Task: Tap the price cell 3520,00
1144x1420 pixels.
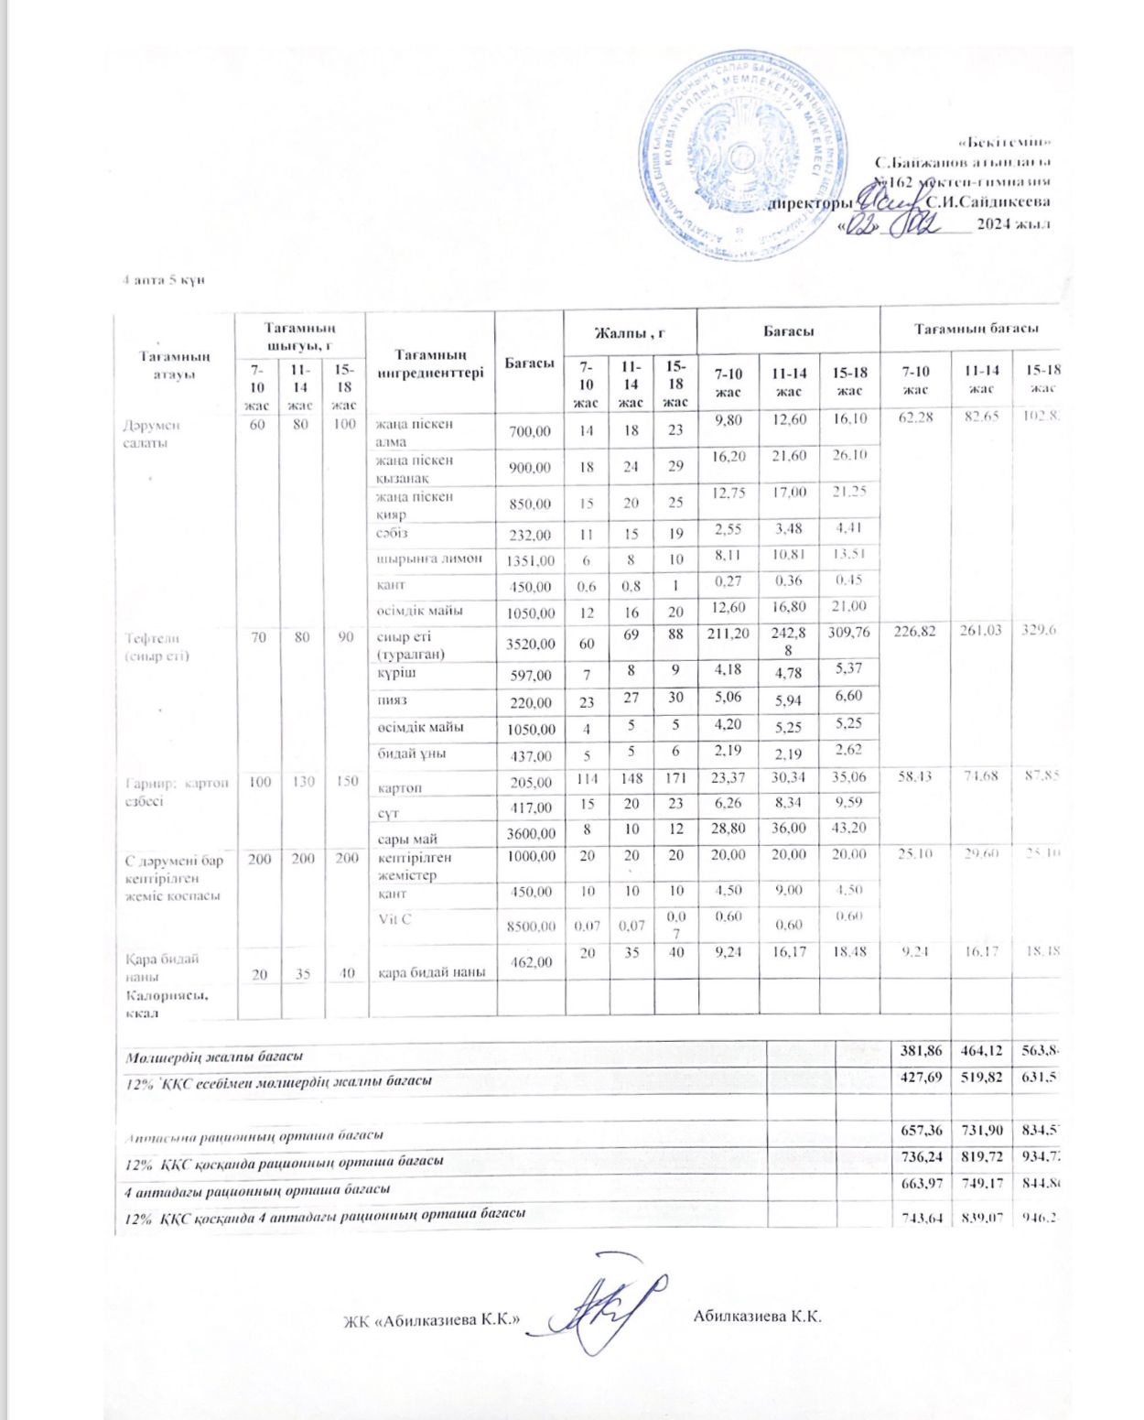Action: (x=530, y=644)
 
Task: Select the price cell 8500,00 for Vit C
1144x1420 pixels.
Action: (x=530, y=926)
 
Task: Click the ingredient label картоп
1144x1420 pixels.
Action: (x=400, y=787)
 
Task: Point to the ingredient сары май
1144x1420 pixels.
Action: (x=407, y=838)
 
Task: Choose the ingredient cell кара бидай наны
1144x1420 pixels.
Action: (x=432, y=971)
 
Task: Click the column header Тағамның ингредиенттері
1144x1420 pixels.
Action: (x=430, y=363)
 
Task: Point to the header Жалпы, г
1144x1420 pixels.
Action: (x=630, y=331)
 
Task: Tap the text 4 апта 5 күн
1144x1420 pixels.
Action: (x=163, y=279)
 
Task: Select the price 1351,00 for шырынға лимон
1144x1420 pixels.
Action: (x=530, y=560)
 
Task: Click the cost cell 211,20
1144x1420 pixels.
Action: (x=728, y=632)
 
